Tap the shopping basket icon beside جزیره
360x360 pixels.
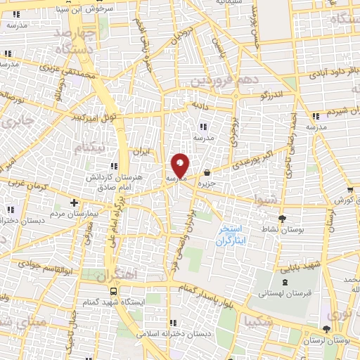click(x=207, y=173)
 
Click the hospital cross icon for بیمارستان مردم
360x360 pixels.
click(x=74, y=202)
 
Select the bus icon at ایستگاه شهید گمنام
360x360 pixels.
click(x=113, y=291)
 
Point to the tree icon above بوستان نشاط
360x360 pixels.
click(x=283, y=219)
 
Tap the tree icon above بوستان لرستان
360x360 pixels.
click(x=326, y=328)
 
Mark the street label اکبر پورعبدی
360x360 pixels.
click(x=239, y=160)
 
